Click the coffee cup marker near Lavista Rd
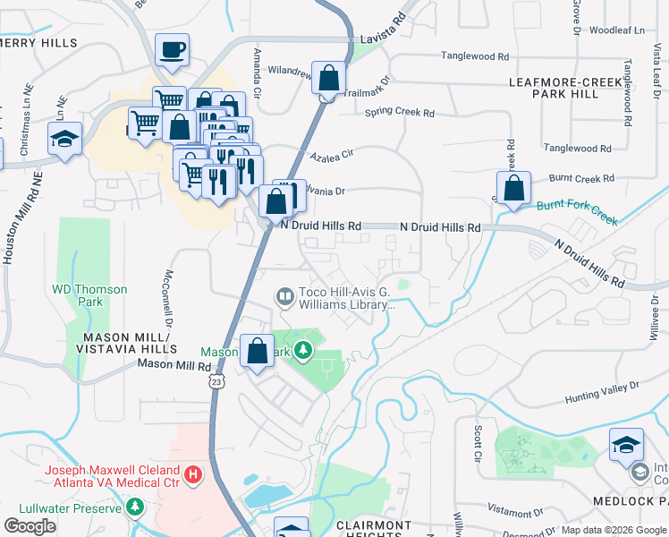pos(172,51)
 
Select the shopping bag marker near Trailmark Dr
pos(329,79)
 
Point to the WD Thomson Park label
pos(89,295)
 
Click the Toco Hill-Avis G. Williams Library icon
pos(285,294)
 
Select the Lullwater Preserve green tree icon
pos(134,508)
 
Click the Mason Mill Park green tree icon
pos(303,350)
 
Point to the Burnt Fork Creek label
pos(577,212)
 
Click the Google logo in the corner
pos(30,525)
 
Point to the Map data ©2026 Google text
pos(613,530)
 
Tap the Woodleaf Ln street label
pos(617,30)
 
